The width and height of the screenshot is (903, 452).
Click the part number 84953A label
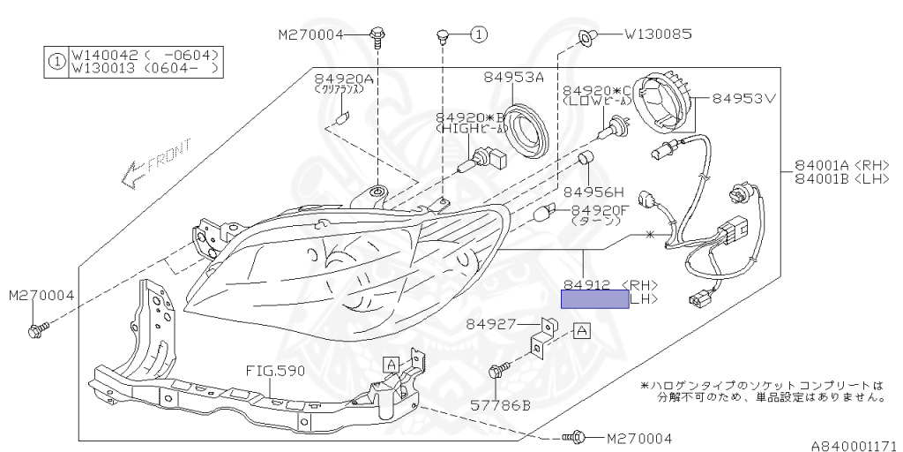(x=512, y=78)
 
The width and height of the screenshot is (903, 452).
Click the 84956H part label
(x=593, y=191)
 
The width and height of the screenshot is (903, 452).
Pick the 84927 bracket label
(x=491, y=324)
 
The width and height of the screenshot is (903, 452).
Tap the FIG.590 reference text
(x=276, y=371)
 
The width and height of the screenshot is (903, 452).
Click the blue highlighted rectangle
(x=595, y=299)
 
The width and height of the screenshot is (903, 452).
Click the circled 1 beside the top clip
(x=477, y=35)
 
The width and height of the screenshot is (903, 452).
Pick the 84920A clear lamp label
(x=345, y=79)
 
